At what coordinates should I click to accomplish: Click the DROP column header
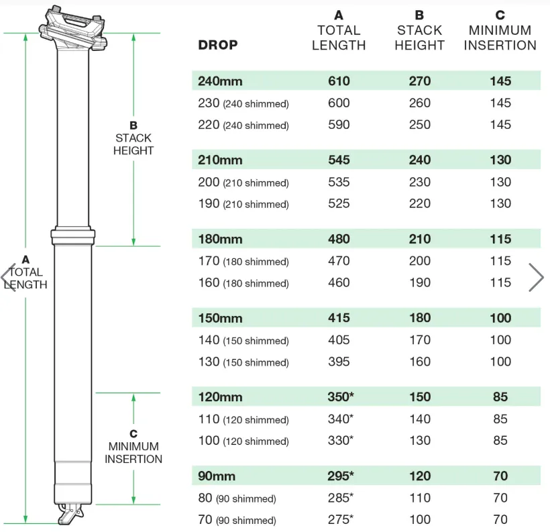point(218,45)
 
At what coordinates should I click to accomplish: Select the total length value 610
point(339,81)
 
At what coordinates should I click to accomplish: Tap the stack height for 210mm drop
point(419,160)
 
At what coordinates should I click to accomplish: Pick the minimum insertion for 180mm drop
point(500,239)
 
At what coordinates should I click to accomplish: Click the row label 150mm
point(220,318)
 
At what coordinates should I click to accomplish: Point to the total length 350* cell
point(341,397)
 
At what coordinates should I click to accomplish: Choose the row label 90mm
point(217,476)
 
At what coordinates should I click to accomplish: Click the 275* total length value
point(341,519)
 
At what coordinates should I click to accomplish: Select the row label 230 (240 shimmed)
point(243,103)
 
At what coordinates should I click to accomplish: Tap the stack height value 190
point(420,282)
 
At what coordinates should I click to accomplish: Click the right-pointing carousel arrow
point(536,277)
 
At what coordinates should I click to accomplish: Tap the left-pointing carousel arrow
point(9,277)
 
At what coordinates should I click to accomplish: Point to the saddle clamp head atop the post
point(73,30)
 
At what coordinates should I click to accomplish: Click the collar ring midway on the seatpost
point(73,237)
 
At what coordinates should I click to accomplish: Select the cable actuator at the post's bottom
point(70,514)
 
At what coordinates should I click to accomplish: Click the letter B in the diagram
point(133,125)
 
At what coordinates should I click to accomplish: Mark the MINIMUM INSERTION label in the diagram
point(133,453)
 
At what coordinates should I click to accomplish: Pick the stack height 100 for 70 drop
point(420,519)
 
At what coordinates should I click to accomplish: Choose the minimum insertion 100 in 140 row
point(500,339)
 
